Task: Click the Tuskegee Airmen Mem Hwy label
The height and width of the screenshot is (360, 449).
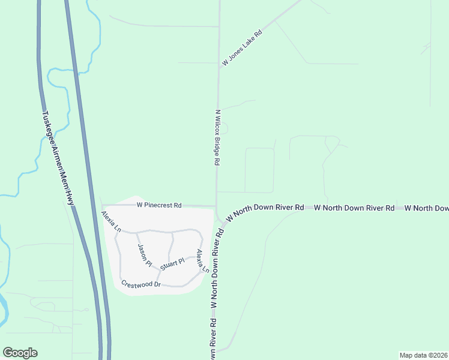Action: coord(58,159)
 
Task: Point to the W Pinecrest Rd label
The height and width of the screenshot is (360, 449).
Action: coord(159,205)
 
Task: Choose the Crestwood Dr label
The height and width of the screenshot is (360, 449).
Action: coord(141,284)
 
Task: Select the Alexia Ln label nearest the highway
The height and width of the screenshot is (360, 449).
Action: coord(111,221)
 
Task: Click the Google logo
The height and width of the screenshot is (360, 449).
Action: coord(20,353)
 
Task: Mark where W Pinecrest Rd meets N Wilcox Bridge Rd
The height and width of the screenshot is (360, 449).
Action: coord(216,206)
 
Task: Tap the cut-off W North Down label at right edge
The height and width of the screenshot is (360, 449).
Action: coord(426,208)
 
